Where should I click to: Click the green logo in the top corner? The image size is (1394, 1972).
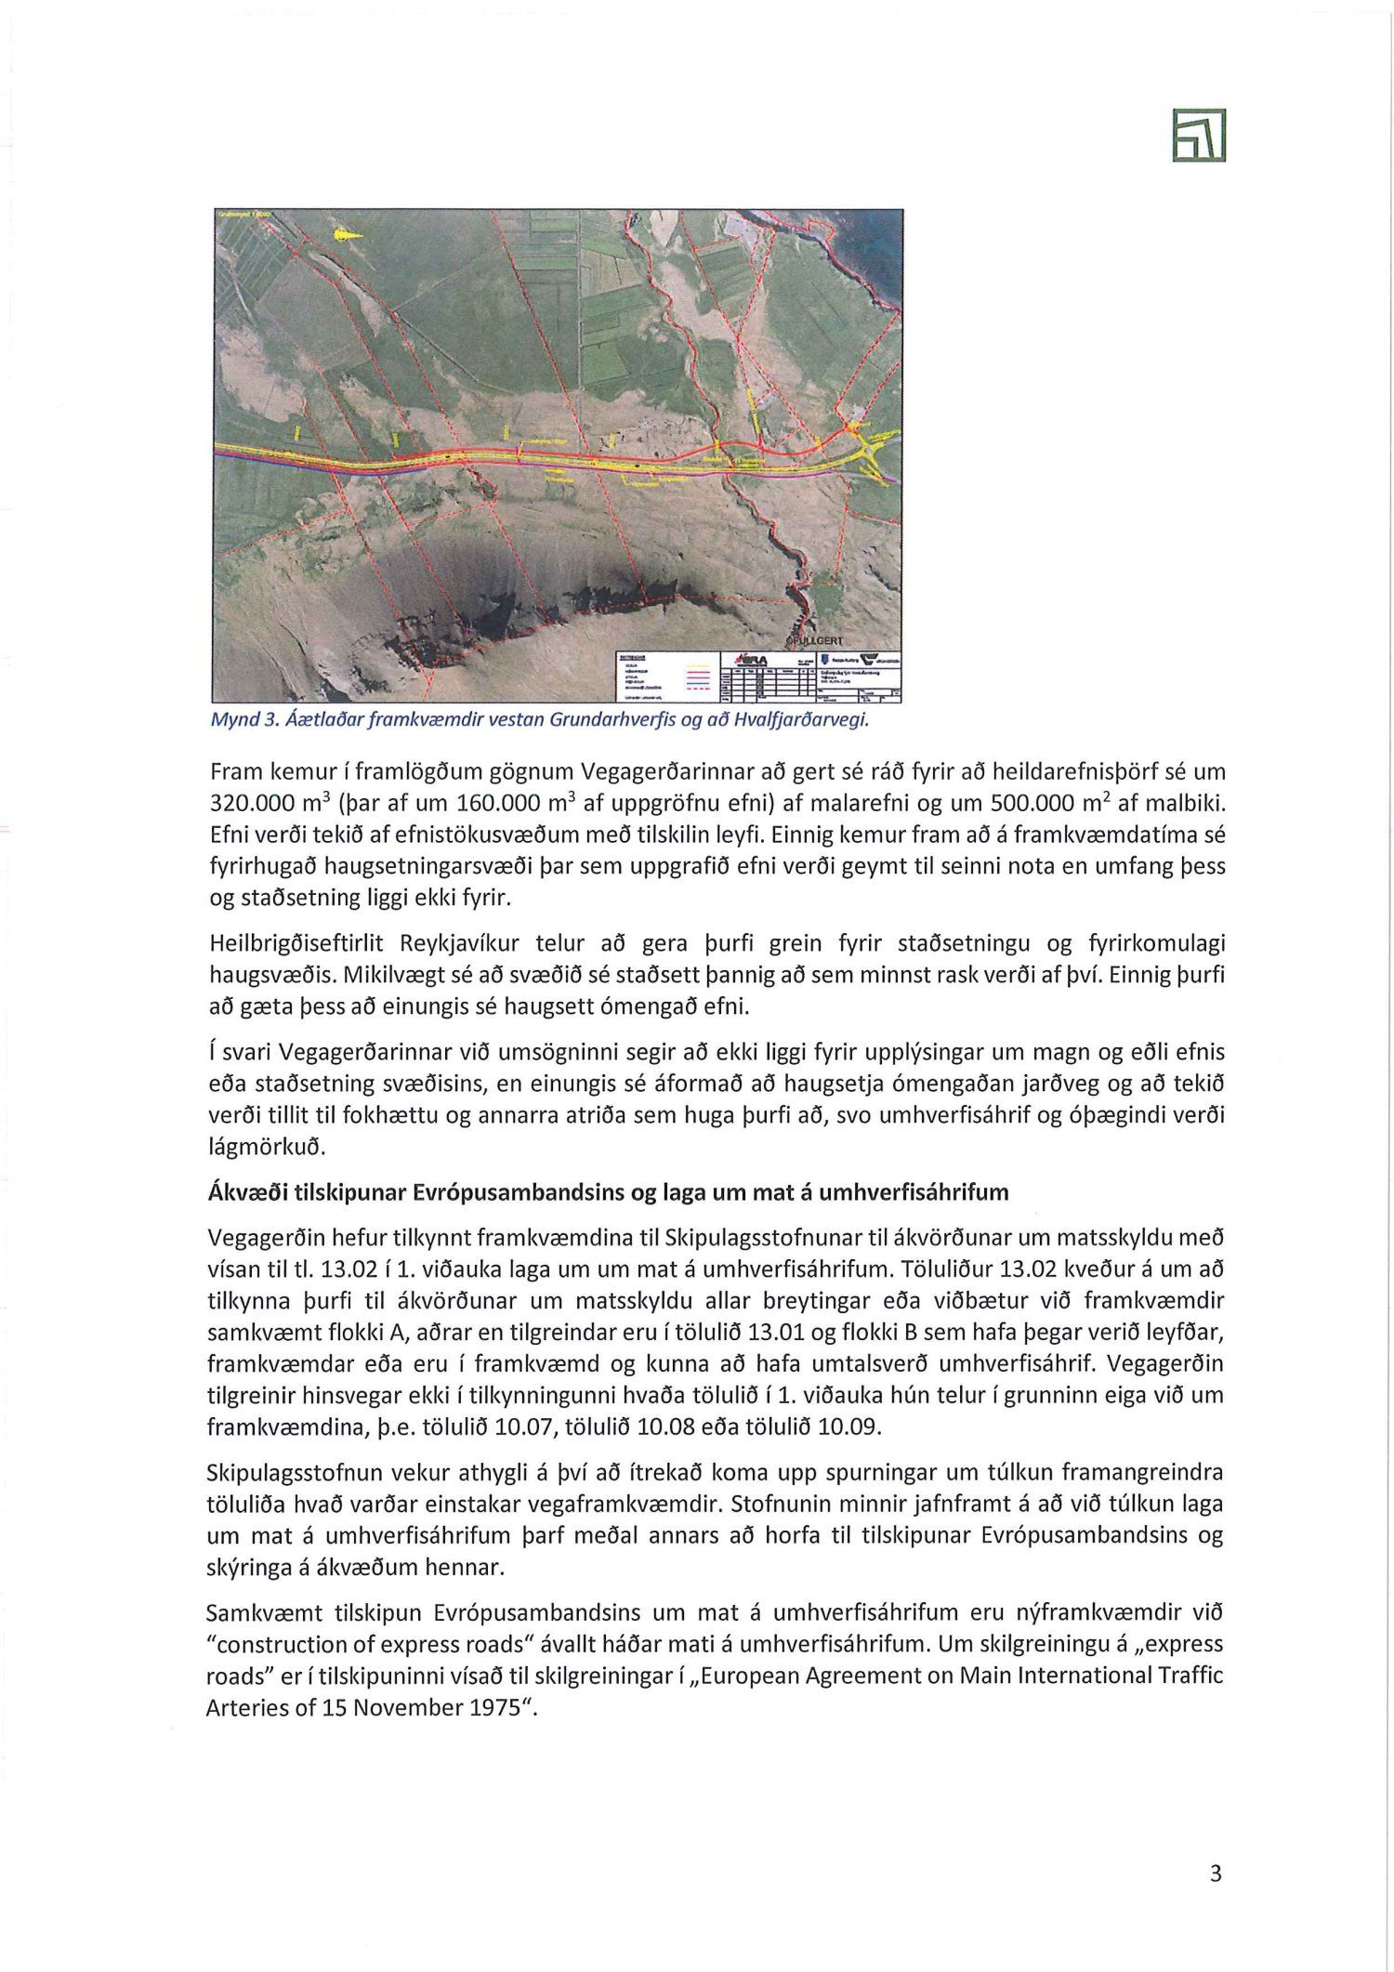pos(1199,136)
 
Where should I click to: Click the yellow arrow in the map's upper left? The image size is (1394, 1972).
pos(344,236)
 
